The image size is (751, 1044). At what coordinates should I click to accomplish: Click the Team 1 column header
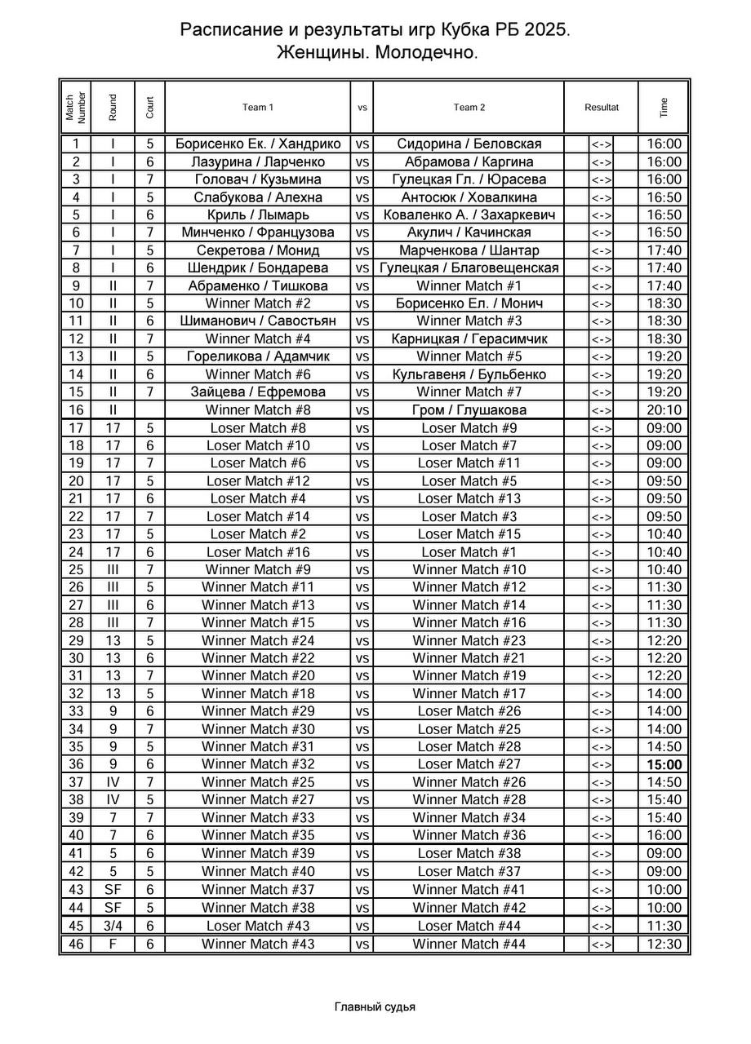click(258, 107)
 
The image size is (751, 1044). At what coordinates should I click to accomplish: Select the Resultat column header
click(601, 107)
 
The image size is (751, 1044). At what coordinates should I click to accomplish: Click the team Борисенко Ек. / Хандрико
click(258, 144)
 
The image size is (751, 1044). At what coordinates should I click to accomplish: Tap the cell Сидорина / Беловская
click(469, 144)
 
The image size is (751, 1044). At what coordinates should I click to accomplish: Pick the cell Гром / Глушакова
click(469, 409)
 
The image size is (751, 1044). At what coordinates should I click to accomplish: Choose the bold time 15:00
click(664, 764)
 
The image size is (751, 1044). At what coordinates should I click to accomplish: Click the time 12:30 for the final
click(664, 944)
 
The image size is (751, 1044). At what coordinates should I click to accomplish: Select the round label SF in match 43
click(113, 890)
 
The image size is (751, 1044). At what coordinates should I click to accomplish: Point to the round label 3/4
click(113, 926)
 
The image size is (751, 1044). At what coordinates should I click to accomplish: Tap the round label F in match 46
click(113, 944)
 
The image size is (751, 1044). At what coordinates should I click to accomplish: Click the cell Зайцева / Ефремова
click(258, 391)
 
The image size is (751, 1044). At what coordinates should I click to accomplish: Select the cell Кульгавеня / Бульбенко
click(469, 374)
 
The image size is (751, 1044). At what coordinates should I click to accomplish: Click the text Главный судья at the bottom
click(375, 1006)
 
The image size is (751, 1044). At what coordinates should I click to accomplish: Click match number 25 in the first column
click(75, 569)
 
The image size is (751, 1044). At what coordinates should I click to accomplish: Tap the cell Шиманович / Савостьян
click(258, 321)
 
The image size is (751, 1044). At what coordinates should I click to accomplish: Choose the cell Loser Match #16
click(258, 551)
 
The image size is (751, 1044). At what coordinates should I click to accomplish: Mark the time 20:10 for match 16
click(664, 409)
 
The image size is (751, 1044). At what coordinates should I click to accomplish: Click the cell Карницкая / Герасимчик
click(469, 338)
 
